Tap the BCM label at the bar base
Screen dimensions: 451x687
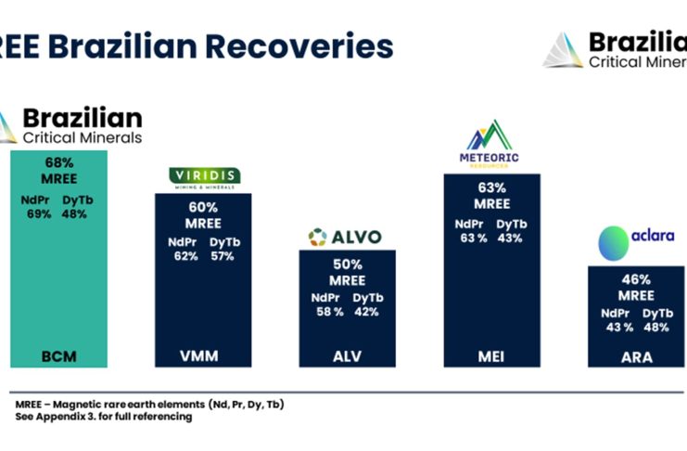tap(59, 354)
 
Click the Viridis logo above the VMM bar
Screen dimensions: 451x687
tap(204, 176)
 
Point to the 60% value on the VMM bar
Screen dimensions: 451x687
tap(204, 207)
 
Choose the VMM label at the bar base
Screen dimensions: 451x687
tap(203, 354)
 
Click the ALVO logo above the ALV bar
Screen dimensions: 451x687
tap(345, 237)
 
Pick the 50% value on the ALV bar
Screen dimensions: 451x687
tap(348, 264)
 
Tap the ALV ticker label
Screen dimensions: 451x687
tap(348, 354)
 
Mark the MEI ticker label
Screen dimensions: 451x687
tap(490, 354)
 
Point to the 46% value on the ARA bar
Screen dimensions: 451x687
tap(636, 279)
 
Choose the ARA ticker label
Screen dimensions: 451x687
tap(636, 355)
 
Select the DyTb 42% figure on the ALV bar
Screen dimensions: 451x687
tap(367, 312)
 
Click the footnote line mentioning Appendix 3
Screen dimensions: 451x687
tap(104, 417)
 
